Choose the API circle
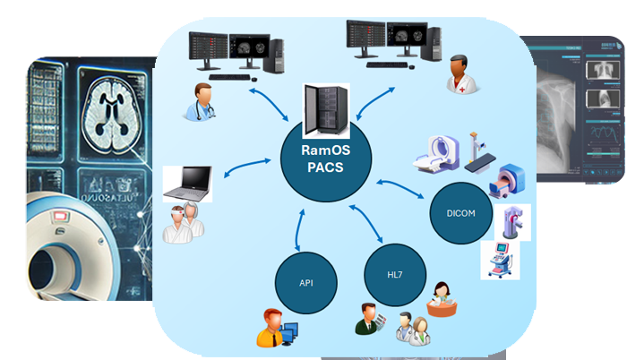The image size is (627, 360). click(x=305, y=281)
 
